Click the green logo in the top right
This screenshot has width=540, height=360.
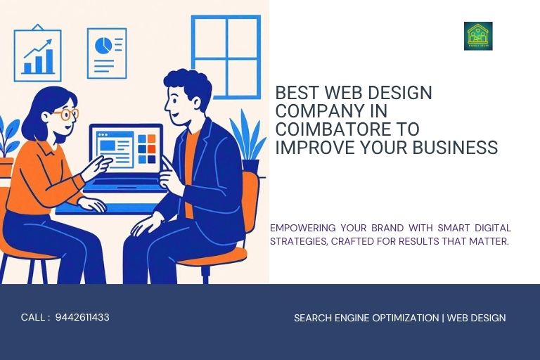pyautogui.click(x=478, y=36)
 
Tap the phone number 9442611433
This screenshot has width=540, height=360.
pyautogui.click(x=82, y=317)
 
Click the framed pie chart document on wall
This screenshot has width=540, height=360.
pyautogui.click(x=107, y=53)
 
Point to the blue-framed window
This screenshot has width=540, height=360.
pyautogui.click(x=226, y=56)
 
